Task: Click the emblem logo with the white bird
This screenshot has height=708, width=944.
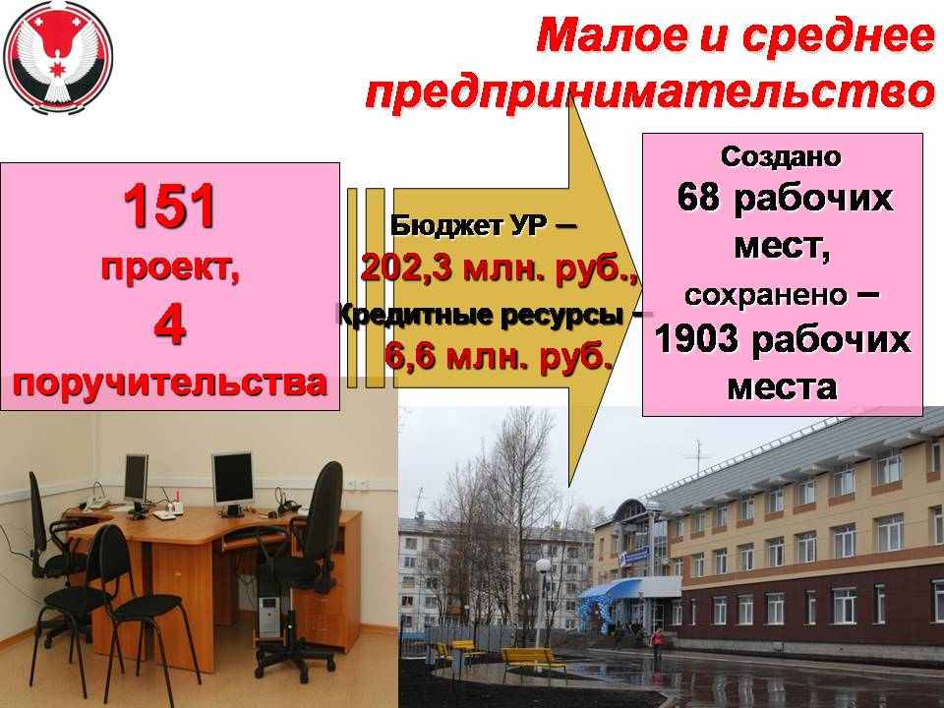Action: pyautogui.click(x=58, y=58)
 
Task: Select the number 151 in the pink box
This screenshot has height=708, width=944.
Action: pyautogui.click(x=170, y=206)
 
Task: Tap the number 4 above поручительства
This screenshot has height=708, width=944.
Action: pyautogui.click(x=170, y=325)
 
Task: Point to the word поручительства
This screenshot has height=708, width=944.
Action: pyautogui.click(x=170, y=383)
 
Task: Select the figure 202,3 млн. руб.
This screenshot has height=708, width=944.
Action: pyautogui.click(x=500, y=267)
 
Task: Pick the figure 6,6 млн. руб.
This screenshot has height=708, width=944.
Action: pyautogui.click(x=499, y=356)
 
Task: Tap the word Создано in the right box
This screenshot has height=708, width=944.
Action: pyautogui.click(x=781, y=156)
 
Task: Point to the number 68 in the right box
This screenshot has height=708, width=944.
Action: pyautogui.click(x=698, y=197)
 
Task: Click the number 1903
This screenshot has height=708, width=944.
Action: pyautogui.click(x=696, y=339)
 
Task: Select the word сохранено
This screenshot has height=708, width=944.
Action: pyautogui.click(x=765, y=295)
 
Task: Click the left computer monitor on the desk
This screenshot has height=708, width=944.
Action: pyautogui.click(x=136, y=479)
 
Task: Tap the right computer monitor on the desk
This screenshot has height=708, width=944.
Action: pyautogui.click(x=233, y=480)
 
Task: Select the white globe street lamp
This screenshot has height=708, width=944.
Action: pyautogui.click(x=543, y=566)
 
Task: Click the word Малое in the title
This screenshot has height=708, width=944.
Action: pyautogui.click(x=611, y=35)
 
